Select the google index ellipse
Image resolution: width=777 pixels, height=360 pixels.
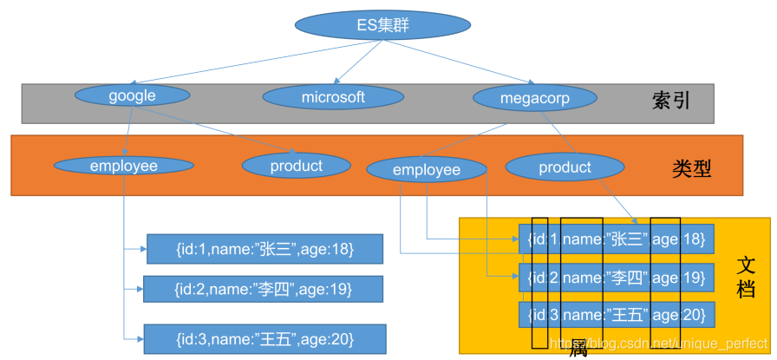click(132, 95)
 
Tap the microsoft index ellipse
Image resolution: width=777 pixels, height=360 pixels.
click(333, 97)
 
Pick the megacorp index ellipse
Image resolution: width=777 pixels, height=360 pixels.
click(535, 98)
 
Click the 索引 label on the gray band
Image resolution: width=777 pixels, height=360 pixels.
click(670, 101)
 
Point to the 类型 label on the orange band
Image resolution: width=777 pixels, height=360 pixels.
click(691, 168)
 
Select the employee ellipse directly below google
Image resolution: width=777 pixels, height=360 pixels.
click(123, 165)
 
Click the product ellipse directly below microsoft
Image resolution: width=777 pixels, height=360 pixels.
click(296, 165)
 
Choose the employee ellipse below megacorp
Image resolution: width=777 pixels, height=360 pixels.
click(426, 169)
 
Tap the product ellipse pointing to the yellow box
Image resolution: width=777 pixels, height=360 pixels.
click(565, 167)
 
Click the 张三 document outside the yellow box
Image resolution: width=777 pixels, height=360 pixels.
click(264, 249)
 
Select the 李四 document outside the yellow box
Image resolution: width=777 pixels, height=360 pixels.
click(263, 289)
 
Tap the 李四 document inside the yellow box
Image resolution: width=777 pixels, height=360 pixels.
click(616, 278)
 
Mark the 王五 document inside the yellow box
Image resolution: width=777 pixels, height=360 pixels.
click(616, 314)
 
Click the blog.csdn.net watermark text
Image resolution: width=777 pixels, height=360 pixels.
click(659, 344)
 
